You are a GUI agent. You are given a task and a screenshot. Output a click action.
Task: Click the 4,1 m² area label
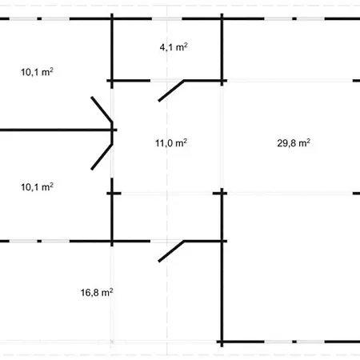coord(174,47)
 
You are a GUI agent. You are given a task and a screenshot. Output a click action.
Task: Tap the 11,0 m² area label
coord(171,143)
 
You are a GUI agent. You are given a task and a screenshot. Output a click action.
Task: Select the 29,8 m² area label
coord(294,143)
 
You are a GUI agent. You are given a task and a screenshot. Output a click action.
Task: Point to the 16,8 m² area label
coord(97,293)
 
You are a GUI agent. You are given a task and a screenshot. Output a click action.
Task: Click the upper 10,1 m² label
coord(37,72)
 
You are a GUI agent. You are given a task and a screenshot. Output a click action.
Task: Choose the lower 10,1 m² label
coord(37,187)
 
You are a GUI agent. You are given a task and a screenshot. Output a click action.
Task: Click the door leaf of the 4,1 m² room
coord(171,90)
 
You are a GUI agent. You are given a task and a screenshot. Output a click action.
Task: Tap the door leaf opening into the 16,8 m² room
coord(171,251)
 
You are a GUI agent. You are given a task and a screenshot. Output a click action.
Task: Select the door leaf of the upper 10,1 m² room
coord(102,110)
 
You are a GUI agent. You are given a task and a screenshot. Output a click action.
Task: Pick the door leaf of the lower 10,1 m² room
coord(102,157)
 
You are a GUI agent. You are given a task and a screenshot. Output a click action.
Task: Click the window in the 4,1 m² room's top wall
coord(167,18)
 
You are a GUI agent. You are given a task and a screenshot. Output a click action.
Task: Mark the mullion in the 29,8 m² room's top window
coord(294,18)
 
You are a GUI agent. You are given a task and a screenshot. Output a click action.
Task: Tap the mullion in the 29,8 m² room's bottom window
coord(294,342)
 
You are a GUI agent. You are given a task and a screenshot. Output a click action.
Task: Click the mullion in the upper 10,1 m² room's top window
coord(39,18)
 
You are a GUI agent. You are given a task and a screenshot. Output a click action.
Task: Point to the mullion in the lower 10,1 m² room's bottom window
coord(39,242)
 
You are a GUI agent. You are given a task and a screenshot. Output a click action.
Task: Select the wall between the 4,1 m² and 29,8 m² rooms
coord(222,50)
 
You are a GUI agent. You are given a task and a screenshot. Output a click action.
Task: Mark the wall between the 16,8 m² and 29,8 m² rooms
coord(222,267)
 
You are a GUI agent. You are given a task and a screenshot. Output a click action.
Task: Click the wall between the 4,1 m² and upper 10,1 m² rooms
coord(112,50)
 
